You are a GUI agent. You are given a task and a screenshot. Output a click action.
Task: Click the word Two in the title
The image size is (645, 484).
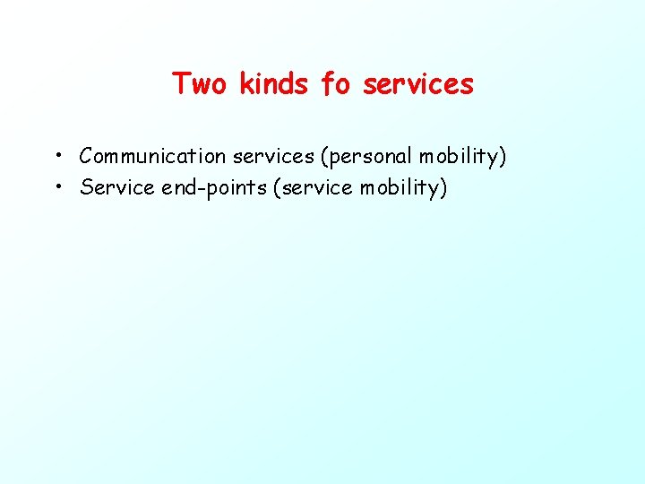click(x=201, y=84)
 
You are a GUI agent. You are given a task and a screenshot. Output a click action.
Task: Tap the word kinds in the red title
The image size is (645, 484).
click(x=274, y=84)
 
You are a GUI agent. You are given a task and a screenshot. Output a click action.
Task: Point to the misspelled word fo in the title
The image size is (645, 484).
click(x=336, y=84)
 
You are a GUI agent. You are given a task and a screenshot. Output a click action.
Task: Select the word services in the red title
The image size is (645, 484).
click(x=417, y=84)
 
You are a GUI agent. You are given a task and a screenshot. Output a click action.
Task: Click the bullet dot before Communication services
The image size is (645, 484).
click(x=56, y=156)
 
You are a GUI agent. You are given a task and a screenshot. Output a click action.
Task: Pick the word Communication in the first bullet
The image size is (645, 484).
click(x=152, y=157)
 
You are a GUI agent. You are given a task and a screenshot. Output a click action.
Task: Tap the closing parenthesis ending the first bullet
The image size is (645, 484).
click(x=503, y=157)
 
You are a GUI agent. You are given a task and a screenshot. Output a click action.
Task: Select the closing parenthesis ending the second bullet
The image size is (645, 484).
click(x=443, y=188)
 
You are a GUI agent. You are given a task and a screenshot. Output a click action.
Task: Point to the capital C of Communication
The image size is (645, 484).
click(x=86, y=157)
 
